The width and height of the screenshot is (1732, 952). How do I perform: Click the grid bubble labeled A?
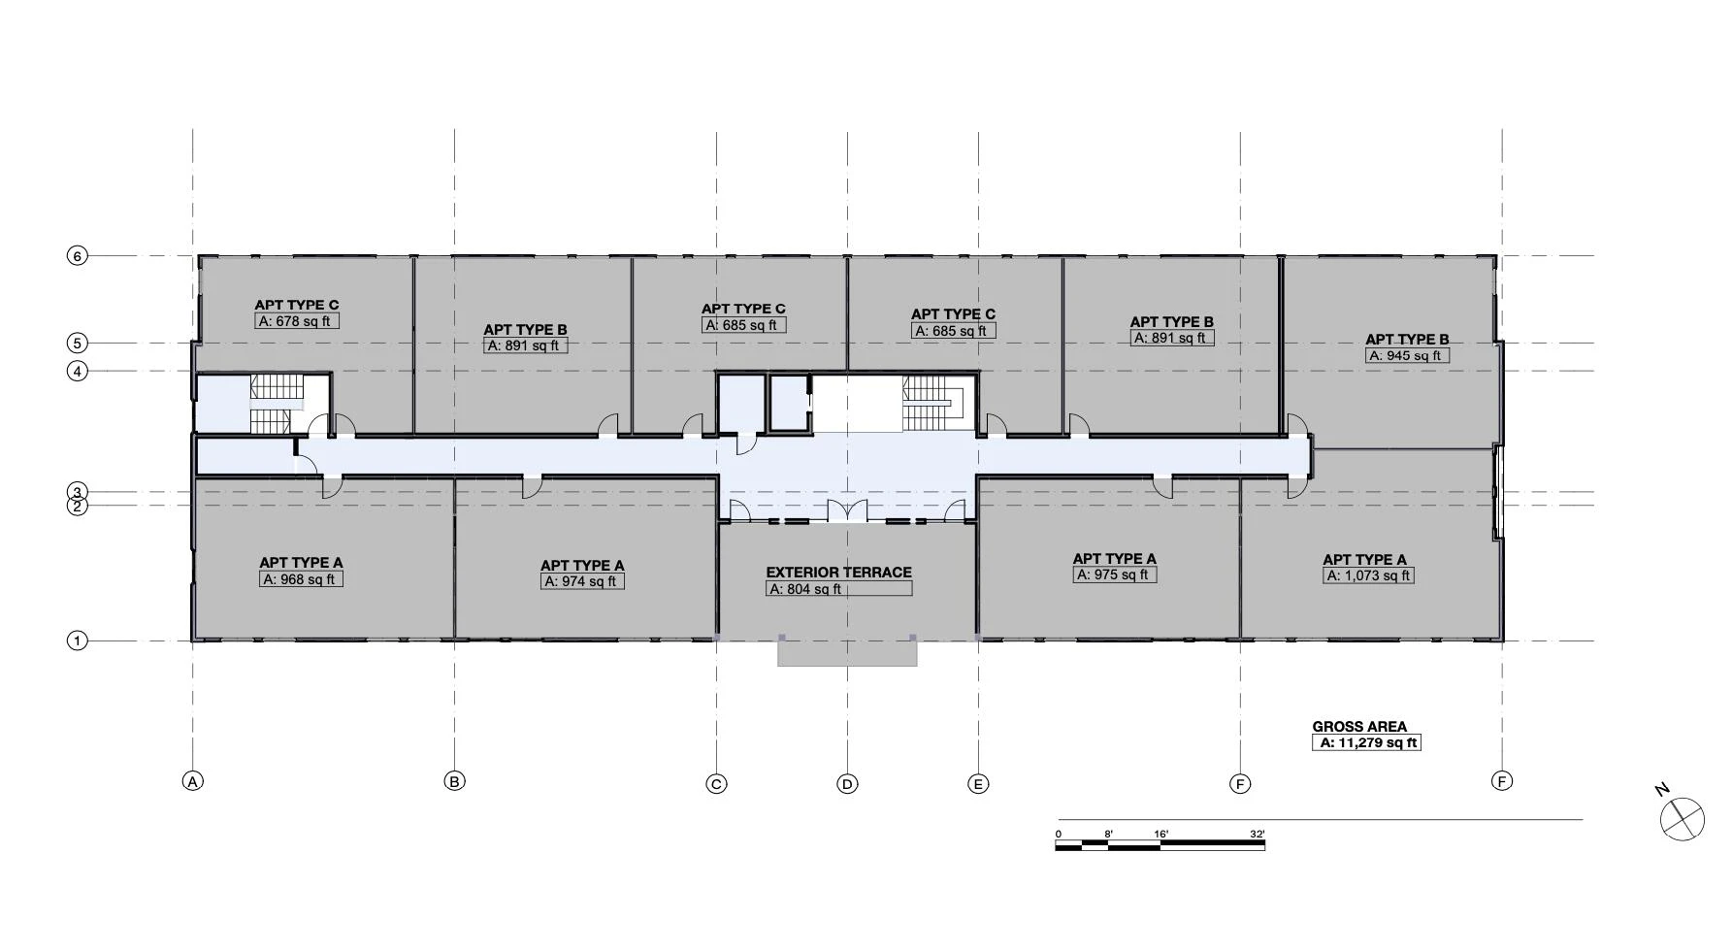pyautogui.click(x=193, y=781)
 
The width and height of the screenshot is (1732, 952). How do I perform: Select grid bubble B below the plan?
pyautogui.click(x=454, y=781)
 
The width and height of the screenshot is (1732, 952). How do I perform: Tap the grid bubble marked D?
pyautogui.click(x=847, y=784)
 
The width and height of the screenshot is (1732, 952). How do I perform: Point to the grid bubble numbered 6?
pyautogui.click(x=77, y=256)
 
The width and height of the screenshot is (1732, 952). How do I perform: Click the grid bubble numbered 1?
pyautogui.click(x=77, y=640)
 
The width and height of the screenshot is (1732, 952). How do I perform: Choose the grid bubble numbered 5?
pyautogui.click(x=77, y=343)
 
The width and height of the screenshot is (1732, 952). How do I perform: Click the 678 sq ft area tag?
pyautogui.click(x=297, y=321)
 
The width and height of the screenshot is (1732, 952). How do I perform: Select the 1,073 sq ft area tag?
pyautogui.click(x=1368, y=575)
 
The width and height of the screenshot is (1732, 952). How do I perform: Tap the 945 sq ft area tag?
pyautogui.click(x=1407, y=356)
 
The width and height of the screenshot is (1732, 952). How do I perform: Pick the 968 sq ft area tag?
pyautogui.click(x=301, y=579)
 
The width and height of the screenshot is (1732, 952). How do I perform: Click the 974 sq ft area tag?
pyautogui.click(x=582, y=581)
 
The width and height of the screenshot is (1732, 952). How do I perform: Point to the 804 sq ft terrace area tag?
pyautogui.click(x=838, y=589)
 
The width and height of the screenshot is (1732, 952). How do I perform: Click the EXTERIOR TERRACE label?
pyautogui.click(x=838, y=573)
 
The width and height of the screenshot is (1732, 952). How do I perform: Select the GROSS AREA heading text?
pyautogui.click(x=1359, y=726)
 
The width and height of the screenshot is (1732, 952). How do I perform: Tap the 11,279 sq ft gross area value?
pyautogui.click(x=1367, y=742)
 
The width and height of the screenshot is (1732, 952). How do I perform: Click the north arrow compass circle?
pyautogui.click(x=1682, y=819)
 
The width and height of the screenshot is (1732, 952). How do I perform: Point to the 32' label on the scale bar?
pyautogui.click(x=1257, y=834)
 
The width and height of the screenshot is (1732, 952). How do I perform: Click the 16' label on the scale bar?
pyautogui.click(x=1161, y=834)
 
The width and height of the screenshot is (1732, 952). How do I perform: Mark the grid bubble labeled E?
pyautogui.click(x=978, y=784)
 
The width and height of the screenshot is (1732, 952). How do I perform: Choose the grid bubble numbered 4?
pyautogui.click(x=77, y=371)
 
